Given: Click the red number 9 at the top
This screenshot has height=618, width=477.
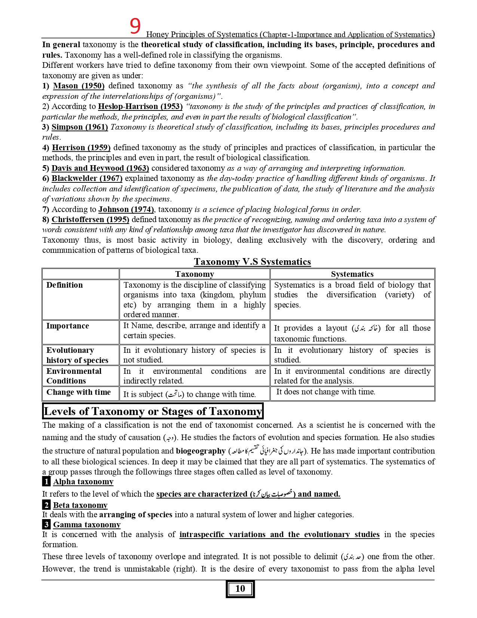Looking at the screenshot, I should (x=135, y=26).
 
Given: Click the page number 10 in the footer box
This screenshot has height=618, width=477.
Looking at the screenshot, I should (x=240, y=588).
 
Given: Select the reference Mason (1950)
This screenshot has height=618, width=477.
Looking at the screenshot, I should (x=79, y=86).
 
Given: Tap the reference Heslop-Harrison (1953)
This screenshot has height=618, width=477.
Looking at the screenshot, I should (x=140, y=106).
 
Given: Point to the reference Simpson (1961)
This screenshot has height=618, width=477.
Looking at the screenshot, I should (x=80, y=127).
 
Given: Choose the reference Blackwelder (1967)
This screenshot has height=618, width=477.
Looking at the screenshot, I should (x=87, y=178).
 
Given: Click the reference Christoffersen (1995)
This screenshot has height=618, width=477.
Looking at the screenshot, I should (x=90, y=219).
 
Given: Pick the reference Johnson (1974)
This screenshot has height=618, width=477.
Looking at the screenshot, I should (x=126, y=209).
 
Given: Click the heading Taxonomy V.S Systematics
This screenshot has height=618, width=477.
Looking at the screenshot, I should (x=252, y=261).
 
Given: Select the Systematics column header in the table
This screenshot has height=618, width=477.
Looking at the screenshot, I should (x=352, y=274).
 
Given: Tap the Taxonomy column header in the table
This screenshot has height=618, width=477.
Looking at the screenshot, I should (x=195, y=274).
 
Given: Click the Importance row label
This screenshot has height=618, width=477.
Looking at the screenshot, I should (x=67, y=326).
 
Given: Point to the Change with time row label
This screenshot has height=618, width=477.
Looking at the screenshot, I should (x=79, y=392).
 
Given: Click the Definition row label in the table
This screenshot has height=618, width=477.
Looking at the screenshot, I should (x=64, y=285).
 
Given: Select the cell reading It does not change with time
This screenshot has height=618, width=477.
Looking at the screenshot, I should (x=325, y=392).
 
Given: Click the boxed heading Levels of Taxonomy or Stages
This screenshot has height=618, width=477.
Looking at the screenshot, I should (x=153, y=411).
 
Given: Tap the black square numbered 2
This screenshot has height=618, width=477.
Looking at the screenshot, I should (x=46, y=505).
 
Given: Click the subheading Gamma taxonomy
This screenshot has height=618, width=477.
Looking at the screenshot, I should (x=87, y=525).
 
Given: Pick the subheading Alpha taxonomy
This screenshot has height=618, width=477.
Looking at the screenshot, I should (x=83, y=482).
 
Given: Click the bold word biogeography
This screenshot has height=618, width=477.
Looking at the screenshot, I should (x=201, y=451).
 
